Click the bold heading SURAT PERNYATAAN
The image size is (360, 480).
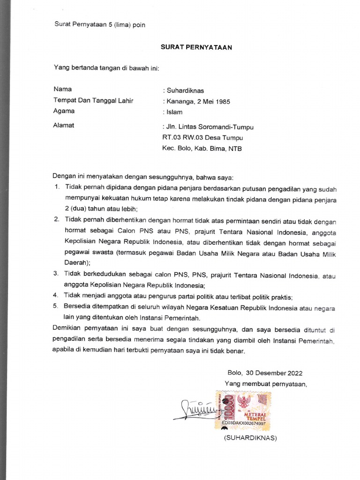[x=196, y=47]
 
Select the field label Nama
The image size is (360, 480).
[x=62, y=89]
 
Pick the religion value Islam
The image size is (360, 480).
[x=174, y=112]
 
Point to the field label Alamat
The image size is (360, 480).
[x=64, y=126]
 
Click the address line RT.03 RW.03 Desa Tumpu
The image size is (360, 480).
[x=202, y=138]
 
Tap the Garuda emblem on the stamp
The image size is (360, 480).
[x=244, y=401]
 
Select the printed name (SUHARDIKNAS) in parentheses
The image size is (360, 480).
[x=250, y=438]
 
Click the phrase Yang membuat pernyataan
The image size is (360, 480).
[x=265, y=384]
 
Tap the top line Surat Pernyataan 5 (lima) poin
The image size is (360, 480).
[x=100, y=25]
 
